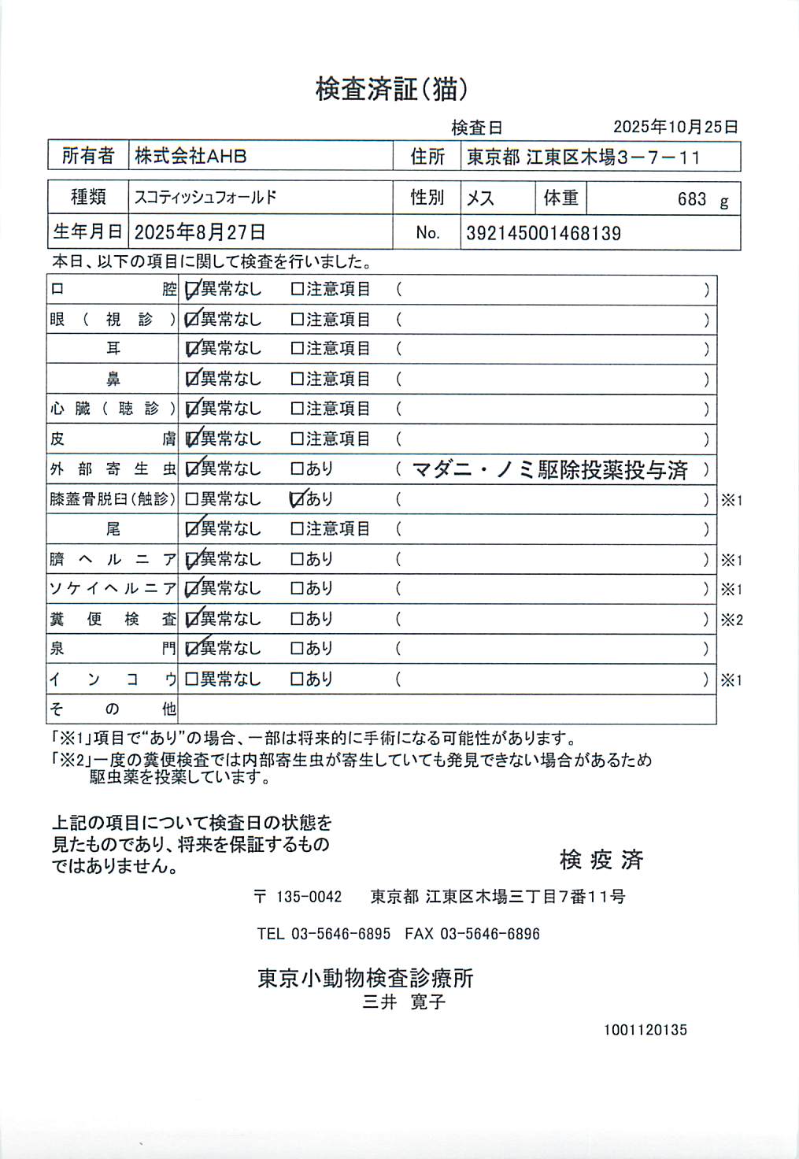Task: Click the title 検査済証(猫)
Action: point(391,90)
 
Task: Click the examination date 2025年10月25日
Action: point(675,127)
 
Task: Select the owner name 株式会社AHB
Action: point(191,156)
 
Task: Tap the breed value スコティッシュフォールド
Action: point(205,198)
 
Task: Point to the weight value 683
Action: point(692,199)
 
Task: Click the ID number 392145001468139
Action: point(543,233)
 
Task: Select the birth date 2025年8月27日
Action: point(200,232)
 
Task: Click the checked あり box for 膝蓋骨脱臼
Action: point(298,499)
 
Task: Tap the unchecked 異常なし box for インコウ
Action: point(191,679)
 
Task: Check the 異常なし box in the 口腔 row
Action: point(191,290)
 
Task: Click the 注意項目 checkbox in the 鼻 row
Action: point(298,380)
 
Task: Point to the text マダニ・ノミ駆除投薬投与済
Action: point(549,470)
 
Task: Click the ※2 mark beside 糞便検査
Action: point(731,620)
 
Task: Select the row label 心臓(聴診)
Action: point(113,409)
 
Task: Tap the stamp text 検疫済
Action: point(601,860)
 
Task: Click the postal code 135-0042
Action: point(309,897)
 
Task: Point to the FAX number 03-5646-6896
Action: point(490,934)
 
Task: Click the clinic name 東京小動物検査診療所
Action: point(365,978)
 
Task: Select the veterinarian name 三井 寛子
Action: point(404,1002)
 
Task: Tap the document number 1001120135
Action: point(645,1030)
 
